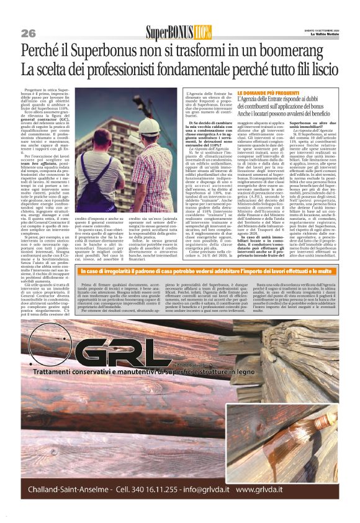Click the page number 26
click(x=28, y=32)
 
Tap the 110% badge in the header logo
click(x=202, y=31)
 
